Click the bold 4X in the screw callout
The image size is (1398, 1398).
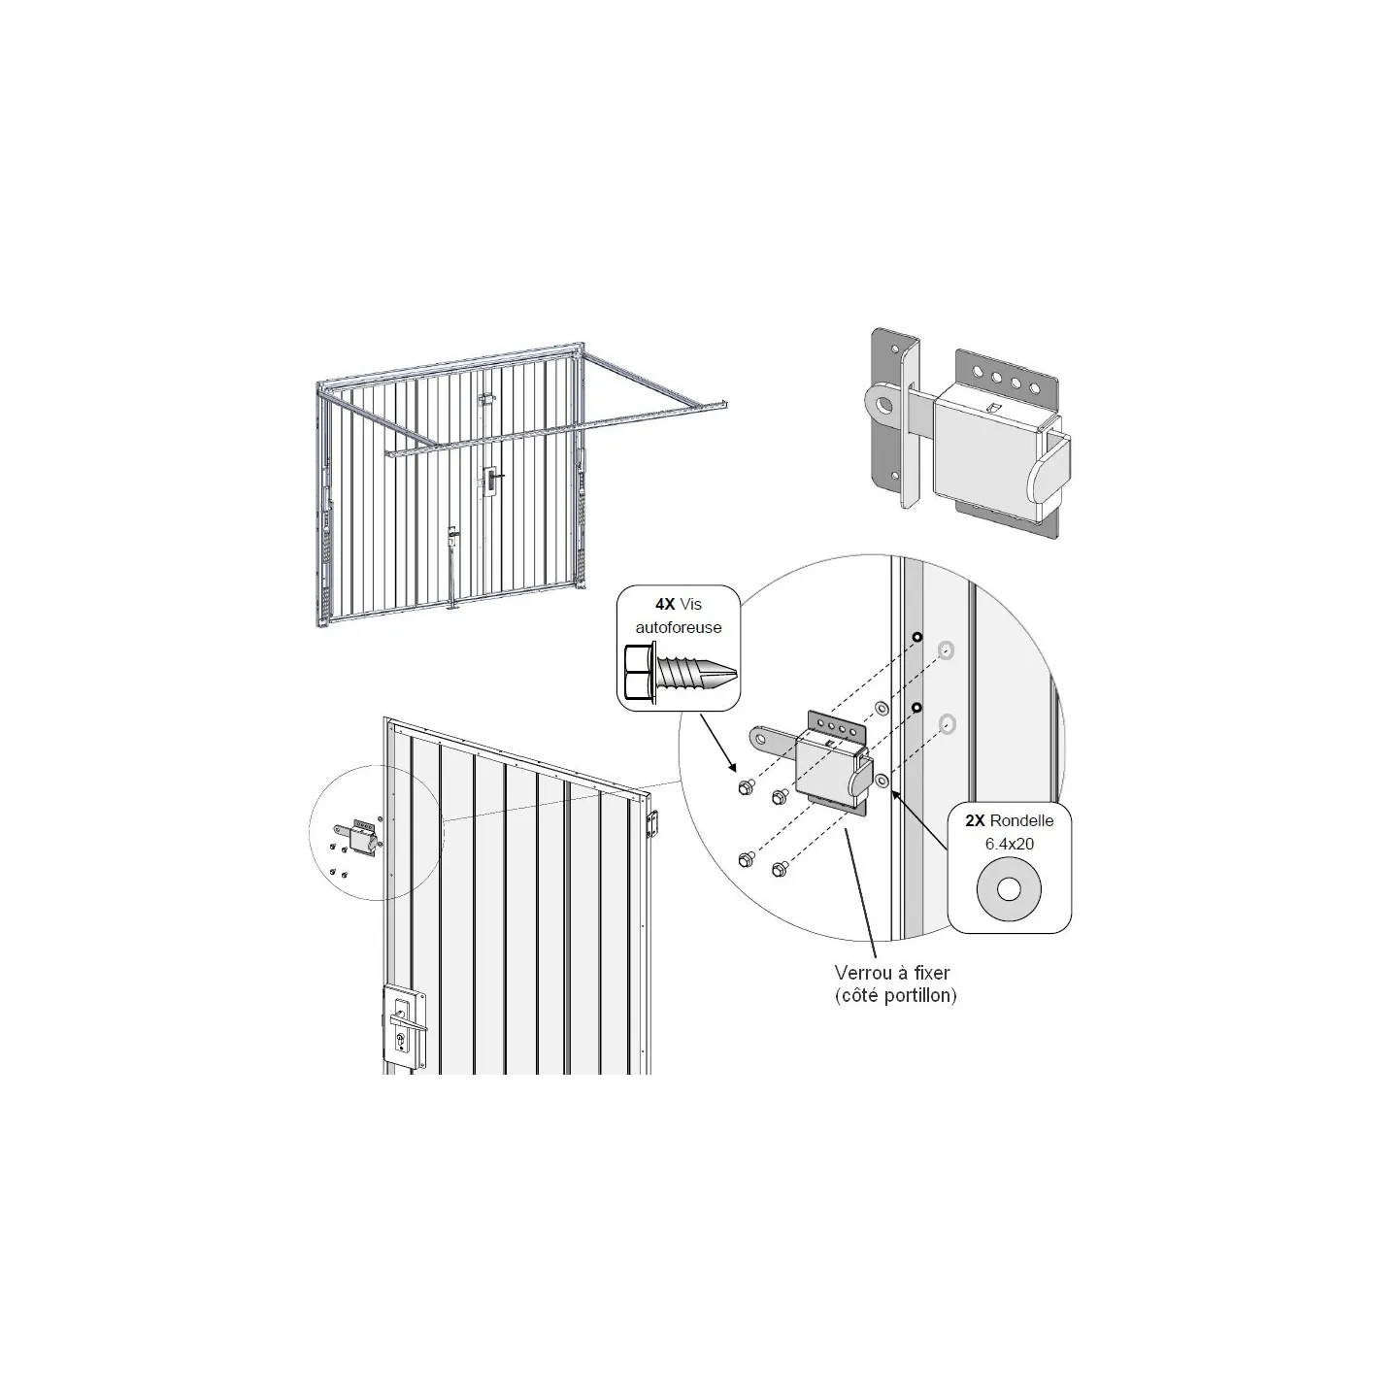pyautogui.click(x=665, y=604)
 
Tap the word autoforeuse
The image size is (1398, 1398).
pyautogui.click(x=679, y=627)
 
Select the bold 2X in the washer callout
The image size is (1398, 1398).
pyautogui.click(x=975, y=820)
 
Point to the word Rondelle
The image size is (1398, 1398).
pyautogui.click(x=1021, y=820)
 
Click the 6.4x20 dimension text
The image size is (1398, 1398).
pyautogui.click(x=1009, y=844)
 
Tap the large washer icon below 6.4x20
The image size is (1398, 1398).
pyautogui.click(x=1009, y=889)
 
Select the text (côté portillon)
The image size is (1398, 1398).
pyautogui.click(x=895, y=995)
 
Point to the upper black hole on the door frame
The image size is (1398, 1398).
pyautogui.click(x=917, y=638)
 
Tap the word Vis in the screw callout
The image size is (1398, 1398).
pyautogui.click(x=690, y=604)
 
